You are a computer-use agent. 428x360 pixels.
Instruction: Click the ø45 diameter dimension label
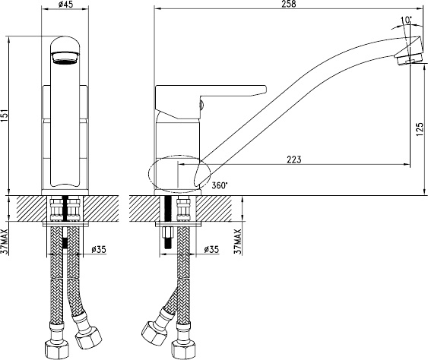[x=66, y=5]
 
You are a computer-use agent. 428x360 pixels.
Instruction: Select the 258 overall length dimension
[x=289, y=4]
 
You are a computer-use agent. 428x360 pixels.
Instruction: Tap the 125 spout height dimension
[x=420, y=130]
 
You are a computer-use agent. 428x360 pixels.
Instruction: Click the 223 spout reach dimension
[x=294, y=159]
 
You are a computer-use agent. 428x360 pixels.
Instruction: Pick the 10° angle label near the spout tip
[x=407, y=20]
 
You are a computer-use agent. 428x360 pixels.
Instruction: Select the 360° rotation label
[x=220, y=185]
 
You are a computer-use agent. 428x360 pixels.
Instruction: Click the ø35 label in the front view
[x=98, y=249]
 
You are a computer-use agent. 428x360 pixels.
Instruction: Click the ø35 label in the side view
[x=211, y=249]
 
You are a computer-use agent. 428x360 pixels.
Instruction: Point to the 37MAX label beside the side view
[x=238, y=242]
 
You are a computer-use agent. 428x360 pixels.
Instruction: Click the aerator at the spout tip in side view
[x=409, y=58]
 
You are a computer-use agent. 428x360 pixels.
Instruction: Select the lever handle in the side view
[x=210, y=102]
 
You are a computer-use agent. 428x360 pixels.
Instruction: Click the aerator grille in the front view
[x=65, y=58]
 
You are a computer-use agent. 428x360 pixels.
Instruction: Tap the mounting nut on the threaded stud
[x=167, y=232]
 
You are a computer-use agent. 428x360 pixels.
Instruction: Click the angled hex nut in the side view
[x=154, y=333]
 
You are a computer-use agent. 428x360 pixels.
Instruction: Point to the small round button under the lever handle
[x=202, y=105]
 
